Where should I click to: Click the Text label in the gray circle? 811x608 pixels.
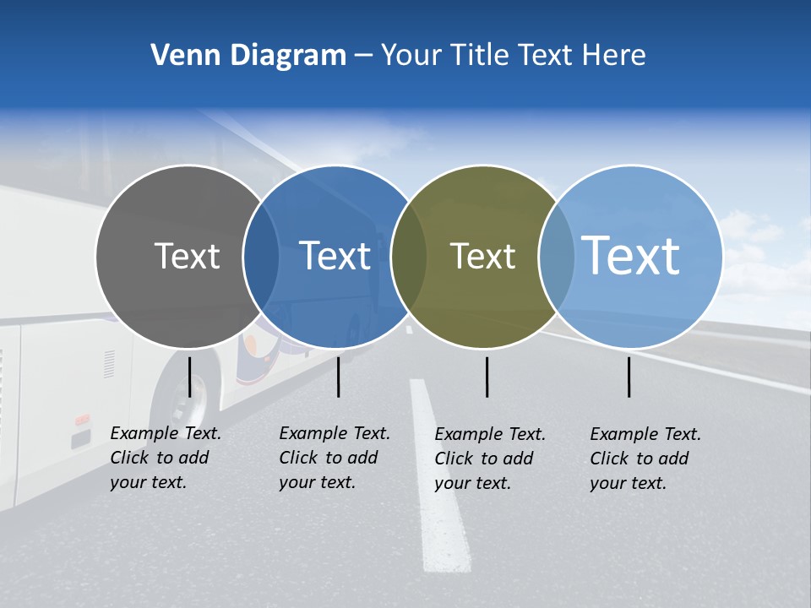(x=187, y=256)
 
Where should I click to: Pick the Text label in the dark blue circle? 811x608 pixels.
(x=335, y=256)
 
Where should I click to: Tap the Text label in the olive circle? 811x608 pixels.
(x=482, y=256)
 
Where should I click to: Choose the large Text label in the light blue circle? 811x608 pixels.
(x=631, y=255)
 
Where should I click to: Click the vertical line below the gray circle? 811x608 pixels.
(x=189, y=377)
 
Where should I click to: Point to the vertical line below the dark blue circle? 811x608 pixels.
(x=338, y=377)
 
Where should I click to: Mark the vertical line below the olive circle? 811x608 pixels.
(x=487, y=377)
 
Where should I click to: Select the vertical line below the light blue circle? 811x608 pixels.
(x=629, y=377)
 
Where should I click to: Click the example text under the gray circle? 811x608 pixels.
(x=165, y=458)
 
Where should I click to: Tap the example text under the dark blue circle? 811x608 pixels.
(x=334, y=458)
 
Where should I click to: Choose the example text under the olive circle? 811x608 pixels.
(x=489, y=459)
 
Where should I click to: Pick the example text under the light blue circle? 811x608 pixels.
(x=645, y=459)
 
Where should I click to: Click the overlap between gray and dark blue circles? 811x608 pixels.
(x=261, y=256)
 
